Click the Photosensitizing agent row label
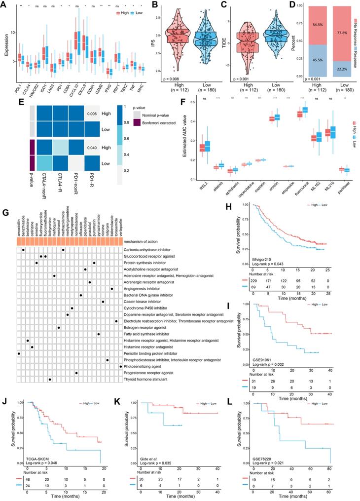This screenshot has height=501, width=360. [144, 339]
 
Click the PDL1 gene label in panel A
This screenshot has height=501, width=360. [18, 82]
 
